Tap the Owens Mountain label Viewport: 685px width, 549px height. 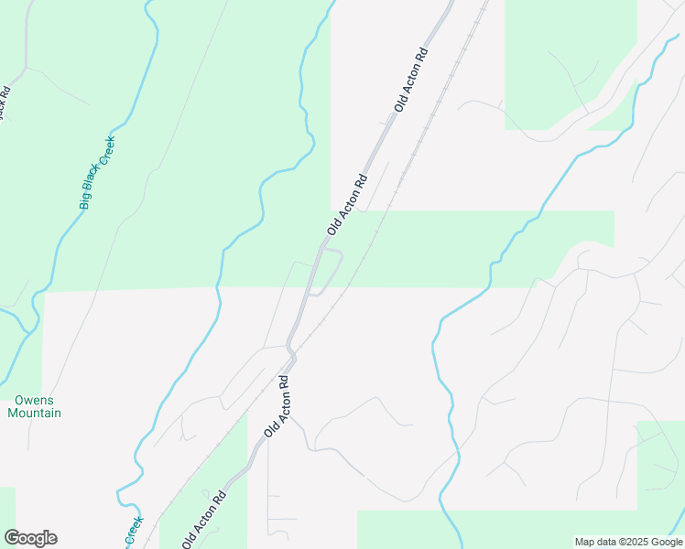(34, 407)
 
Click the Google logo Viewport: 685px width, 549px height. (30, 538)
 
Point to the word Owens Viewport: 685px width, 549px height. (34, 401)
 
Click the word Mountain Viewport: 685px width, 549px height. (34, 414)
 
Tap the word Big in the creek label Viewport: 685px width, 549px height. (83, 200)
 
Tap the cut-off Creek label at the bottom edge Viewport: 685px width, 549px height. (134, 530)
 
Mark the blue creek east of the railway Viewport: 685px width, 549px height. (495, 265)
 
